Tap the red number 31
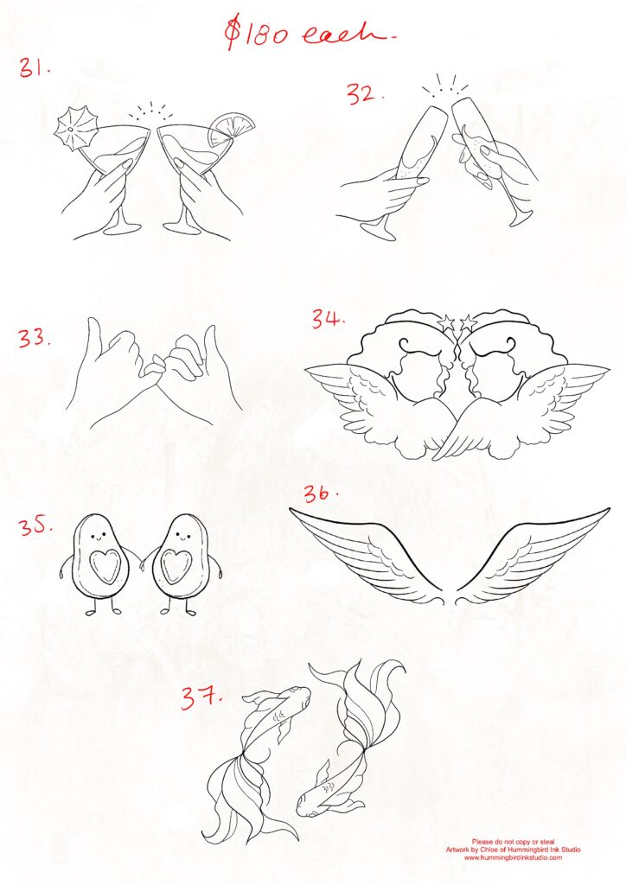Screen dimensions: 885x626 tap(35, 69)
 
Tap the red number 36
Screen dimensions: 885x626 tap(320, 494)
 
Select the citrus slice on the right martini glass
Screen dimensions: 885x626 tap(235, 126)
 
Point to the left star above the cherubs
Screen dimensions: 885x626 tap(448, 325)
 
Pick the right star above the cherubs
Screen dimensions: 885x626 tap(469, 324)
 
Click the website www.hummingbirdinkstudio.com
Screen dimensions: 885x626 tap(513, 857)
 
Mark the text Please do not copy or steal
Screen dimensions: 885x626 tap(513, 841)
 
